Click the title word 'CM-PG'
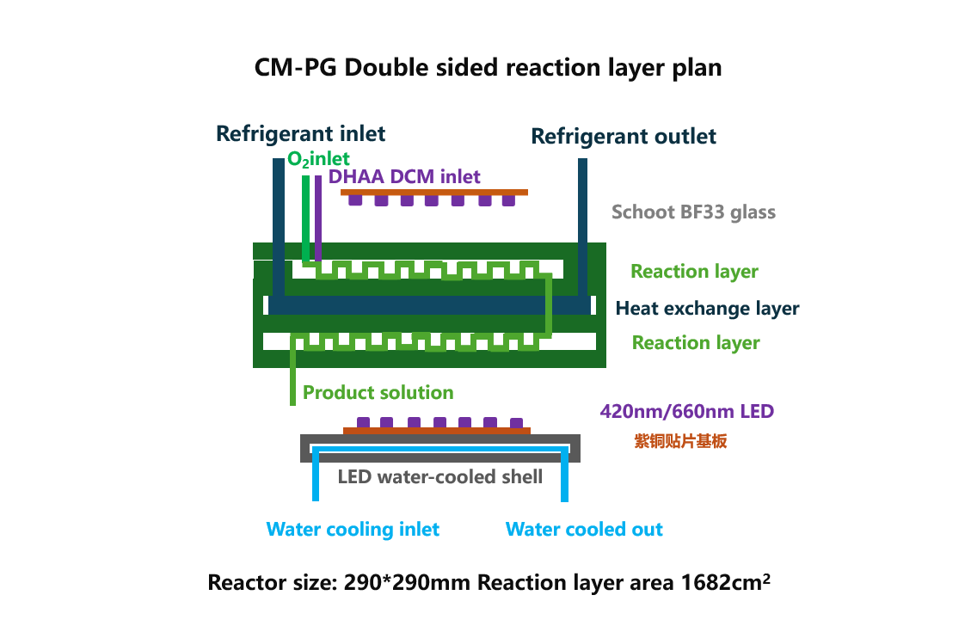[295, 67]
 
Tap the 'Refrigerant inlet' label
[300, 133]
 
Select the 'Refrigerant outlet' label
[624, 136]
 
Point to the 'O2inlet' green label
[318, 159]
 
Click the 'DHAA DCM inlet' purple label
[403, 177]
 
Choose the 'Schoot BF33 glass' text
[693, 212]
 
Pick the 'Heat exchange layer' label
[707, 309]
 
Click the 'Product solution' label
[378, 392]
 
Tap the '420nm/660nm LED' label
[687, 411]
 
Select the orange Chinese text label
[680, 441]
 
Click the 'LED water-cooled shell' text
[439, 476]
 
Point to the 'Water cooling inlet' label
[353, 529]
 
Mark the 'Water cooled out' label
[584, 529]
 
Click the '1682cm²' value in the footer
[726, 582]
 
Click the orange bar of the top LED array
[434, 193]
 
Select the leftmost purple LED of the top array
[355, 200]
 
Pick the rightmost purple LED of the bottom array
[517, 423]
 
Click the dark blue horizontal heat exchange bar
[429, 305]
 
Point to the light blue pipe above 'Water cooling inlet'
[316, 474]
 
